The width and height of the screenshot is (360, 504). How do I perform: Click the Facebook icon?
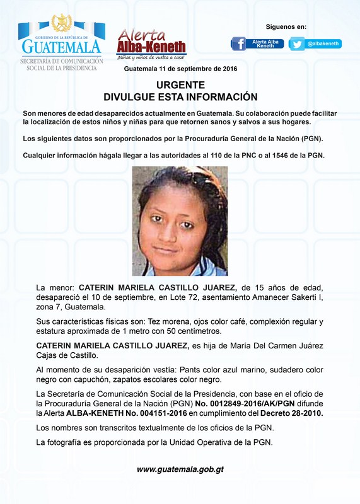click(238, 44)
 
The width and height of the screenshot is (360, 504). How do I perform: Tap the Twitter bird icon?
click(296, 44)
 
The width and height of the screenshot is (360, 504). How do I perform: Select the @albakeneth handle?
click(323, 43)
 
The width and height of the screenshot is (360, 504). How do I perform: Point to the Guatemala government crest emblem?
click(61, 23)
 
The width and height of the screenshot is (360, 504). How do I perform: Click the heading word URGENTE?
click(180, 85)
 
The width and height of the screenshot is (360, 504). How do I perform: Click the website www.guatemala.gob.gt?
click(180, 469)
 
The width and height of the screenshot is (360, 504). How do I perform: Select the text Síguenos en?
click(286, 27)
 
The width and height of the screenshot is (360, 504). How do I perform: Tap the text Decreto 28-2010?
click(289, 413)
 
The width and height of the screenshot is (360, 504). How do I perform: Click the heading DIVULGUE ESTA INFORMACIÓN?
click(180, 97)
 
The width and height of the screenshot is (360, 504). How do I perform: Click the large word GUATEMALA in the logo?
click(61, 47)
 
